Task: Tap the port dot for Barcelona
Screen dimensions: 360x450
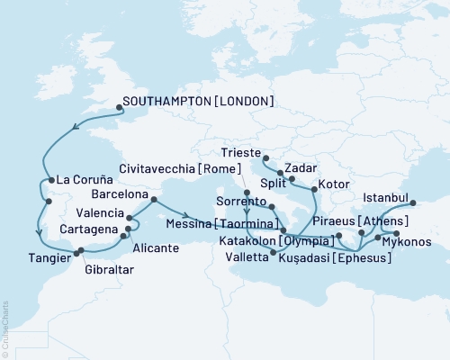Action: click(152, 200)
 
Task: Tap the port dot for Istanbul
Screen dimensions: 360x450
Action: click(414, 202)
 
